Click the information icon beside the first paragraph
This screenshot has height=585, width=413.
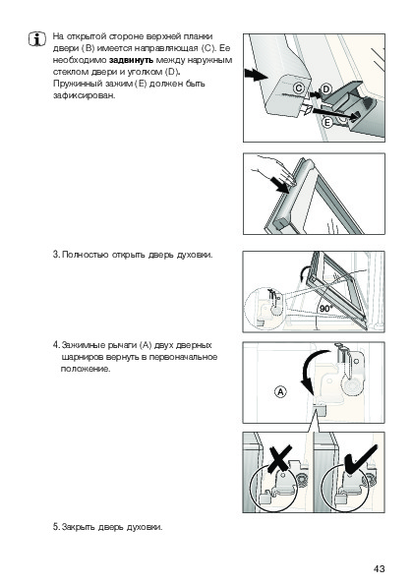click(37, 39)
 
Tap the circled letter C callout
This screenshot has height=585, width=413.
click(299, 88)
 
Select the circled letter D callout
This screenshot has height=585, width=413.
click(326, 89)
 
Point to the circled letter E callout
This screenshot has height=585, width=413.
click(327, 122)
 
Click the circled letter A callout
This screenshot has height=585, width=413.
click(280, 392)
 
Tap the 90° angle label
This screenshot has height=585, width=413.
click(326, 309)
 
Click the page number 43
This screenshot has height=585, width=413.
click(379, 568)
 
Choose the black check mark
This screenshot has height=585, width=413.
click(360, 458)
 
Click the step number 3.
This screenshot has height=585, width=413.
click(56, 255)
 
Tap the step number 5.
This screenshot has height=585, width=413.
click(56, 527)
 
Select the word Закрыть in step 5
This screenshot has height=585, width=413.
click(78, 527)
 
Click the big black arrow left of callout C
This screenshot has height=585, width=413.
click(256, 74)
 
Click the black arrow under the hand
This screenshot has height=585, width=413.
click(279, 185)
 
